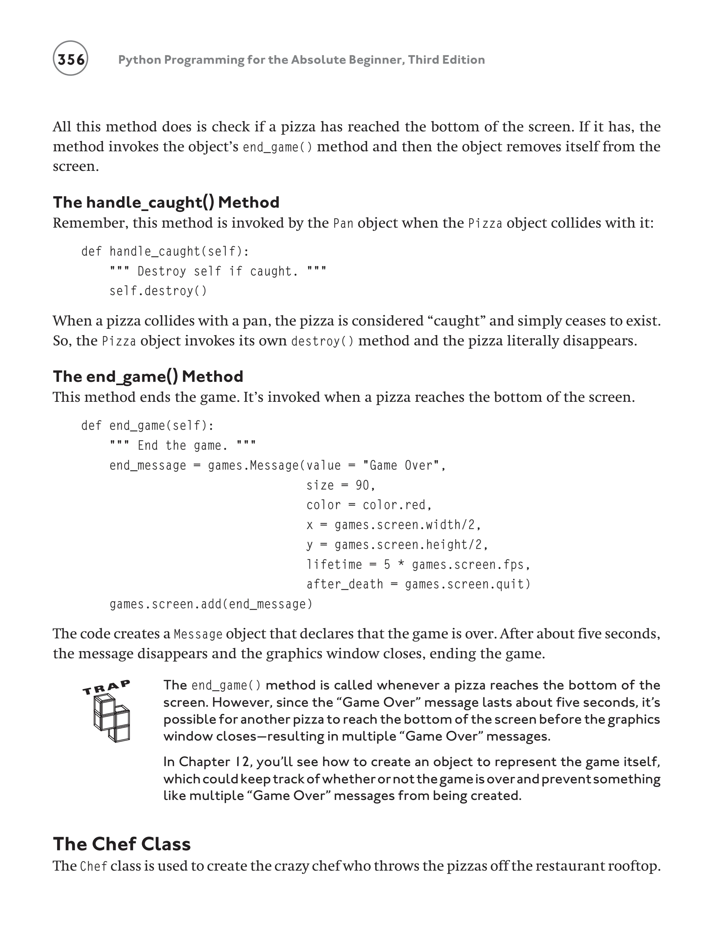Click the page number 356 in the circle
70,59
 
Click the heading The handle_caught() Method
166,202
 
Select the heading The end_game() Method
148,376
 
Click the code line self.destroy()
158,291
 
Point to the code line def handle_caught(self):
165,251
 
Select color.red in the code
394,505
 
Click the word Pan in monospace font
343,223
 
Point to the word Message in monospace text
198,634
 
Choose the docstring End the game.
183,445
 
